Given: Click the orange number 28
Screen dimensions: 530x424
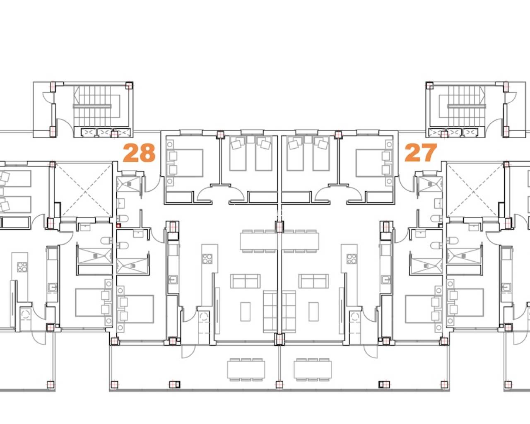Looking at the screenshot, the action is [140, 153].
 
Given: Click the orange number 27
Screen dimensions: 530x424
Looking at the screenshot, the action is [421, 153].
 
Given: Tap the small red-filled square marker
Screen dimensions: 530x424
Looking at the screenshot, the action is [119, 225].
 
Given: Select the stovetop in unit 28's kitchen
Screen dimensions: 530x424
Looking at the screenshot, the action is [207, 259].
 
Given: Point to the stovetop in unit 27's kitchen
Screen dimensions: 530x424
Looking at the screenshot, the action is [352, 259].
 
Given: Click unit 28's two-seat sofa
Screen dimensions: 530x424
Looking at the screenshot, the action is [245, 281].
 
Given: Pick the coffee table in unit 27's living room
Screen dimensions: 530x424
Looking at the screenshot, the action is [313, 312].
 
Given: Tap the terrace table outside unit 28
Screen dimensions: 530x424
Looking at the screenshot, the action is [246, 370].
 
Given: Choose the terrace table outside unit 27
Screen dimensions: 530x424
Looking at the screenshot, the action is [313, 370].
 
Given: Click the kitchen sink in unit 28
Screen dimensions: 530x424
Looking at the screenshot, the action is [173, 280].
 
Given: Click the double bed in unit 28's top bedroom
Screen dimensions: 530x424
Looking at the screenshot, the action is [188, 163].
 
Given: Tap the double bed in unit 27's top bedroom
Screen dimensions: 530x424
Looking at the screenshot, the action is [371, 163].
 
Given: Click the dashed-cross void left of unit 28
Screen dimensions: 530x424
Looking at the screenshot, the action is [84, 190].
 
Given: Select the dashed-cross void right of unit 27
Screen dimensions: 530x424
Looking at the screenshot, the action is [475, 190].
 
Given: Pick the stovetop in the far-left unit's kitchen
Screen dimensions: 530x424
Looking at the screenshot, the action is [22, 267].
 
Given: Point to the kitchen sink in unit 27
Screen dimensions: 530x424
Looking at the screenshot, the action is [385, 280].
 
